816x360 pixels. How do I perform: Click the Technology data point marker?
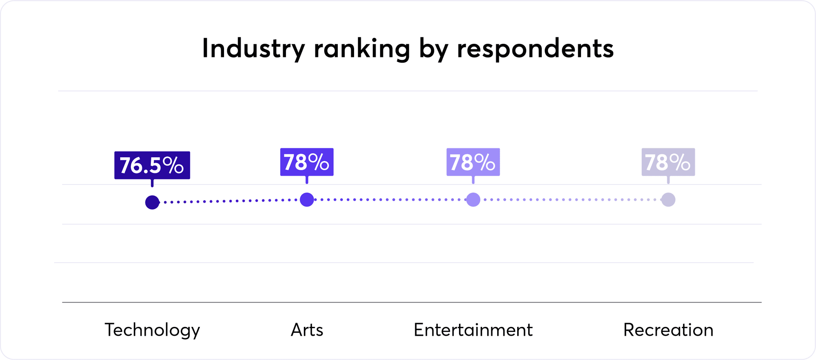point(152,202)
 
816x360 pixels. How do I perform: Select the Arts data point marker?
point(307,199)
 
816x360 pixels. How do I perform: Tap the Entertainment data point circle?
point(473,199)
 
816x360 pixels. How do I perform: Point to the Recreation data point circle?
point(668,199)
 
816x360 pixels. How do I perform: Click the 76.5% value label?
point(152,165)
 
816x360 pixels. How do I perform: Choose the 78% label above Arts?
point(306,162)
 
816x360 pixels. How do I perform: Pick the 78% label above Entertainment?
point(473,162)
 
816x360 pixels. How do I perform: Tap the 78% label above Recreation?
point(668,162)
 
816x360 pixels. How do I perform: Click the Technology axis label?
point(152,330)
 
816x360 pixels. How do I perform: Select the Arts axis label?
point(307,330)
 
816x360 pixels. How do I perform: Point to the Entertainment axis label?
point(473,330)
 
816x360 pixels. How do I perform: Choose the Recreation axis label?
point(668,330)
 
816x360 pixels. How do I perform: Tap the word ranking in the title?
point(362,49)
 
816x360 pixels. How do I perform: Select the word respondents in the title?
point(535,49)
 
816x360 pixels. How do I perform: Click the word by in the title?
point(433,49)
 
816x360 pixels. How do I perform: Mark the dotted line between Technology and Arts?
point(229,201)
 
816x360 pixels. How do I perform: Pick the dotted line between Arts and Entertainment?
point(390,199)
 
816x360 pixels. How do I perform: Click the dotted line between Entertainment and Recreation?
point(570,199)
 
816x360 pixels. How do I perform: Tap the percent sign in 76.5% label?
point(173,165)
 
